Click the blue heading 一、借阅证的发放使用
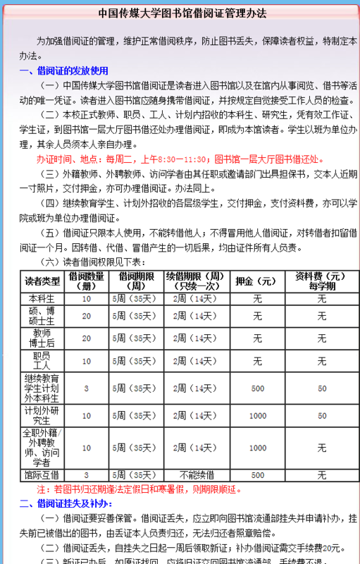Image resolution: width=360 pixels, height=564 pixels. point(64,70)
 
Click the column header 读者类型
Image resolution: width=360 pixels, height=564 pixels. point(43,281)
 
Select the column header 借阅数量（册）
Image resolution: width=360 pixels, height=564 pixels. point(87,281)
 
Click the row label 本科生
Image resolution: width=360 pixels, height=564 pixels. point(43,299)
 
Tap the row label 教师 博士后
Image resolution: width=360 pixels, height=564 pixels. point(43,338)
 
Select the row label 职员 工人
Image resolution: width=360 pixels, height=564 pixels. point(43,362)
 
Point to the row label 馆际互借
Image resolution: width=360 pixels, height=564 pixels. point(43,475)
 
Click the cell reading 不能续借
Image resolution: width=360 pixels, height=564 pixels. point(195,475)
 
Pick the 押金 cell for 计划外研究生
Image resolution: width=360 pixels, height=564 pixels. point(257,416)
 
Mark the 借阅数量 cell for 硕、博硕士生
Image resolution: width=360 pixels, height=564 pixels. point(87,316)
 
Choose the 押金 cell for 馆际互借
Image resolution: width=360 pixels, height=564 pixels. point(257,475)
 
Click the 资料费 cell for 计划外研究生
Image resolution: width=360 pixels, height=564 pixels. point(321,416)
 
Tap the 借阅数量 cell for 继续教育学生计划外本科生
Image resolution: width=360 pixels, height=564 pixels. point(87,388)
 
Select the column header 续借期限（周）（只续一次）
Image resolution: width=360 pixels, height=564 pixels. point(195,281)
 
